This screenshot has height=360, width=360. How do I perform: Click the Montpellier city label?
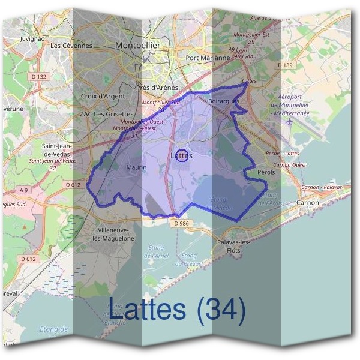tap(137, 45)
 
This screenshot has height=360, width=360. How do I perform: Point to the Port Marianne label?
tap(208, 58)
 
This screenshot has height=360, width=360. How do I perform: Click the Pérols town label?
tap(266, 172)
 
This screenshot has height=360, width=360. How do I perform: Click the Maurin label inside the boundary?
tap(137, 167)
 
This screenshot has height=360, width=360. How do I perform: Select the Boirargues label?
tap(223, 101)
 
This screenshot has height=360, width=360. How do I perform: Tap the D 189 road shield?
tap(284, 64)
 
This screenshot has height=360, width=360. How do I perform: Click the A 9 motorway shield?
tap(23, 190)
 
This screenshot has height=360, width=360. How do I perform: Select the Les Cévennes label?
tap(71, 45)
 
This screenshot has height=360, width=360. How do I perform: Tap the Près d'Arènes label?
tap(157, 87)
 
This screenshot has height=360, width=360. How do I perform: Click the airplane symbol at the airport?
tap(291, 121)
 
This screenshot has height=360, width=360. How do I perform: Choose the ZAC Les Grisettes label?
tap(106, 113)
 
